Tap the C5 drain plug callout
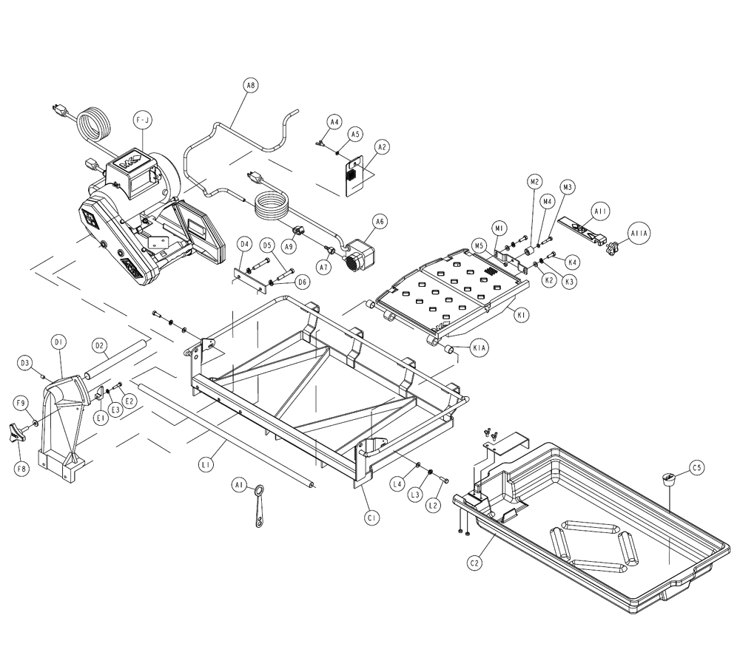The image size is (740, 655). tap(696, 467)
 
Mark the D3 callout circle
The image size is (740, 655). tap(25, 363)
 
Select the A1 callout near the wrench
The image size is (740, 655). tap(238, 486)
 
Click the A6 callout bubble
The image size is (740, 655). tap(379, 220)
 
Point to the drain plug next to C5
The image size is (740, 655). tap(669, 479)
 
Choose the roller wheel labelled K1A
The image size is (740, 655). tap(450, 349)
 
